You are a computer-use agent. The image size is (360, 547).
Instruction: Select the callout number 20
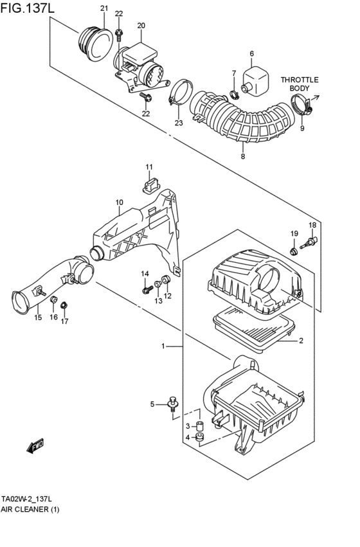coord(141,26)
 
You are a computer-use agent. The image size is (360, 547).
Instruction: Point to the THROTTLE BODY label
coord(299,84)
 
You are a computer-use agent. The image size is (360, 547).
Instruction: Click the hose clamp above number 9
coord(301,105)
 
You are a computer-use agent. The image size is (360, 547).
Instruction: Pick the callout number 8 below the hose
coord(242,156)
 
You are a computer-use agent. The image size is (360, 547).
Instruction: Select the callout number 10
coord(119,202)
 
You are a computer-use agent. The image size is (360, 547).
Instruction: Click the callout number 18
coord(312,225)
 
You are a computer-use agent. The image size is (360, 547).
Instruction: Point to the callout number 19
coord(293,233)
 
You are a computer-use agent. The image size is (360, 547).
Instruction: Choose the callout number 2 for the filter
coord(301,341)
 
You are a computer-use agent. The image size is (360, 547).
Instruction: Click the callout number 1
coord(163,346)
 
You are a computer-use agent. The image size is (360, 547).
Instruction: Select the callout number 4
coord(188,438)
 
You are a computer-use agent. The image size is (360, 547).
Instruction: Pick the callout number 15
coord(37,318)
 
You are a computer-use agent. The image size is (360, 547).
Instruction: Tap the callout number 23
coord(178,122)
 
